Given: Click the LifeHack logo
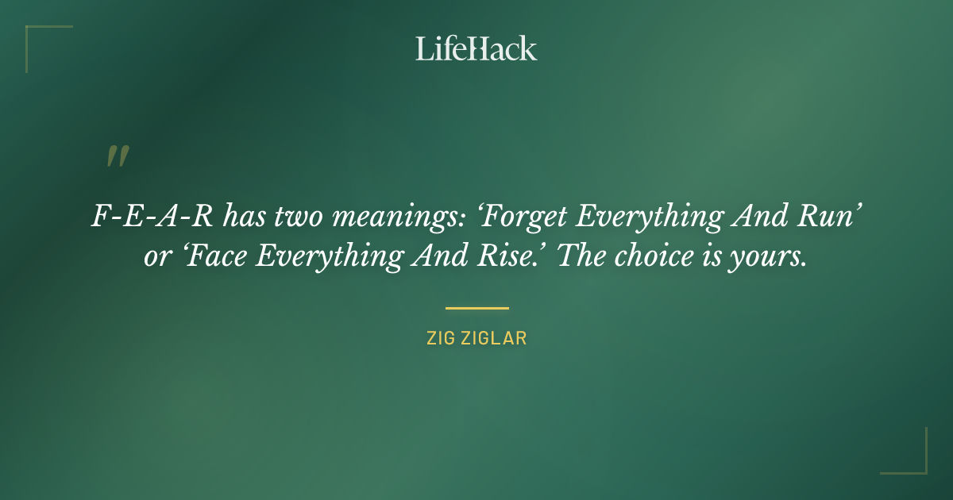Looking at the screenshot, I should (476, 48).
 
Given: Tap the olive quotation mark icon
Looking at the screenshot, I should (118, 156).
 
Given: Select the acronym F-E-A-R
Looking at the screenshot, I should (151, 216).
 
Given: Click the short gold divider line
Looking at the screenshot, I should (476, 308).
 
